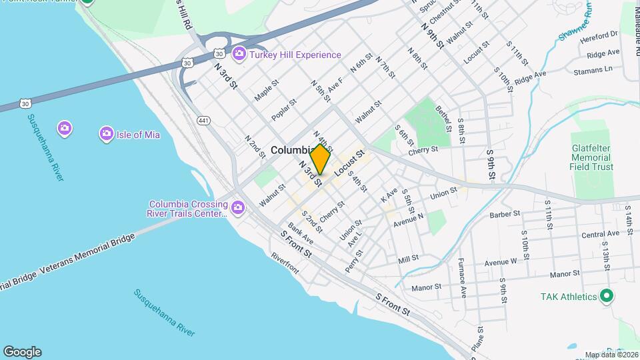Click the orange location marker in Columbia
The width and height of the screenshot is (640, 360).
[x=320, y=160]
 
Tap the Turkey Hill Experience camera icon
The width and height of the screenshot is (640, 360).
[x=239, y=54]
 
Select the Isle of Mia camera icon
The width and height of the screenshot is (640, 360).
[x=106, y=135]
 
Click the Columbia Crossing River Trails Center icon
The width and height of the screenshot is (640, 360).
[x=237, y=209]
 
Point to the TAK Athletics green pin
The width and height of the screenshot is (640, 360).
[x=606, y=296]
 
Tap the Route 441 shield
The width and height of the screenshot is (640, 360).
[x=204, y=119]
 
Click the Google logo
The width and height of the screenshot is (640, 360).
[x=22, y=352]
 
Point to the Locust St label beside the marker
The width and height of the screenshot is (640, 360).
[x=349, y=163]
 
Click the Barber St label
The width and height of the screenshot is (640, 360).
[x=504, y=214]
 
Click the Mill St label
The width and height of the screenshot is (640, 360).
[x=408, y=259]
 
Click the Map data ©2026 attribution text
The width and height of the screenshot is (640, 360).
[x=611, y=355]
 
